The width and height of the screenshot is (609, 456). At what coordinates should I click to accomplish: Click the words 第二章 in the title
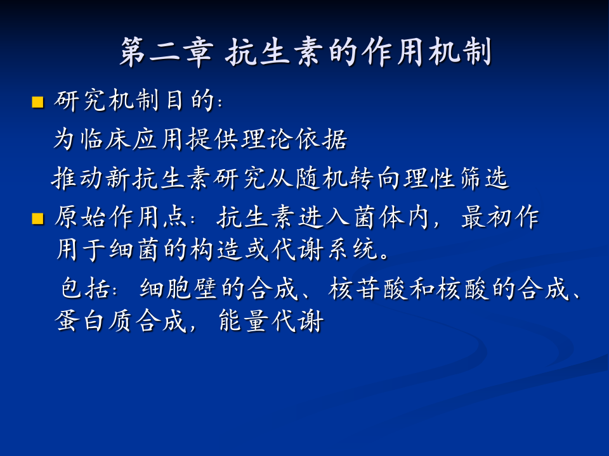(165, 53)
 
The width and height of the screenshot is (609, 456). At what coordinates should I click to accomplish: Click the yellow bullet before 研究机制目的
(37, 102)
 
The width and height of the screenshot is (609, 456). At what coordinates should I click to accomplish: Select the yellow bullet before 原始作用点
(37, 219)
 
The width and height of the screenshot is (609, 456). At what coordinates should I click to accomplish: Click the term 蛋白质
(94, 322)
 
